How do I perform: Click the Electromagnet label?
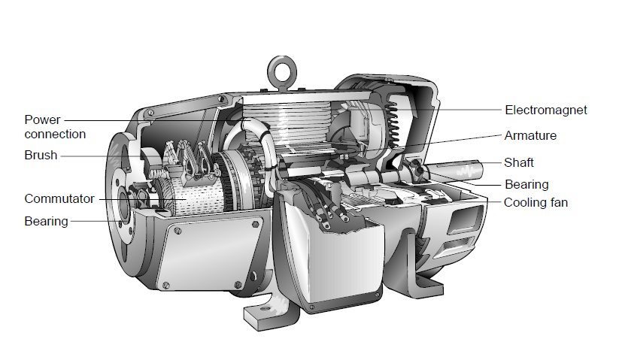[546, 110]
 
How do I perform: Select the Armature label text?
[530, 135]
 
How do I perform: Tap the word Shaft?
[519, 162]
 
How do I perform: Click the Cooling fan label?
[536, 203]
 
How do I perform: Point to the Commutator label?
[59, 198]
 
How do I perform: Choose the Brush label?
[41, 156]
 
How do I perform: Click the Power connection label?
[55, 127]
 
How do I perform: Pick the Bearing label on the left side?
[46, 221]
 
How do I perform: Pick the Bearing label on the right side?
[526, 185]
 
